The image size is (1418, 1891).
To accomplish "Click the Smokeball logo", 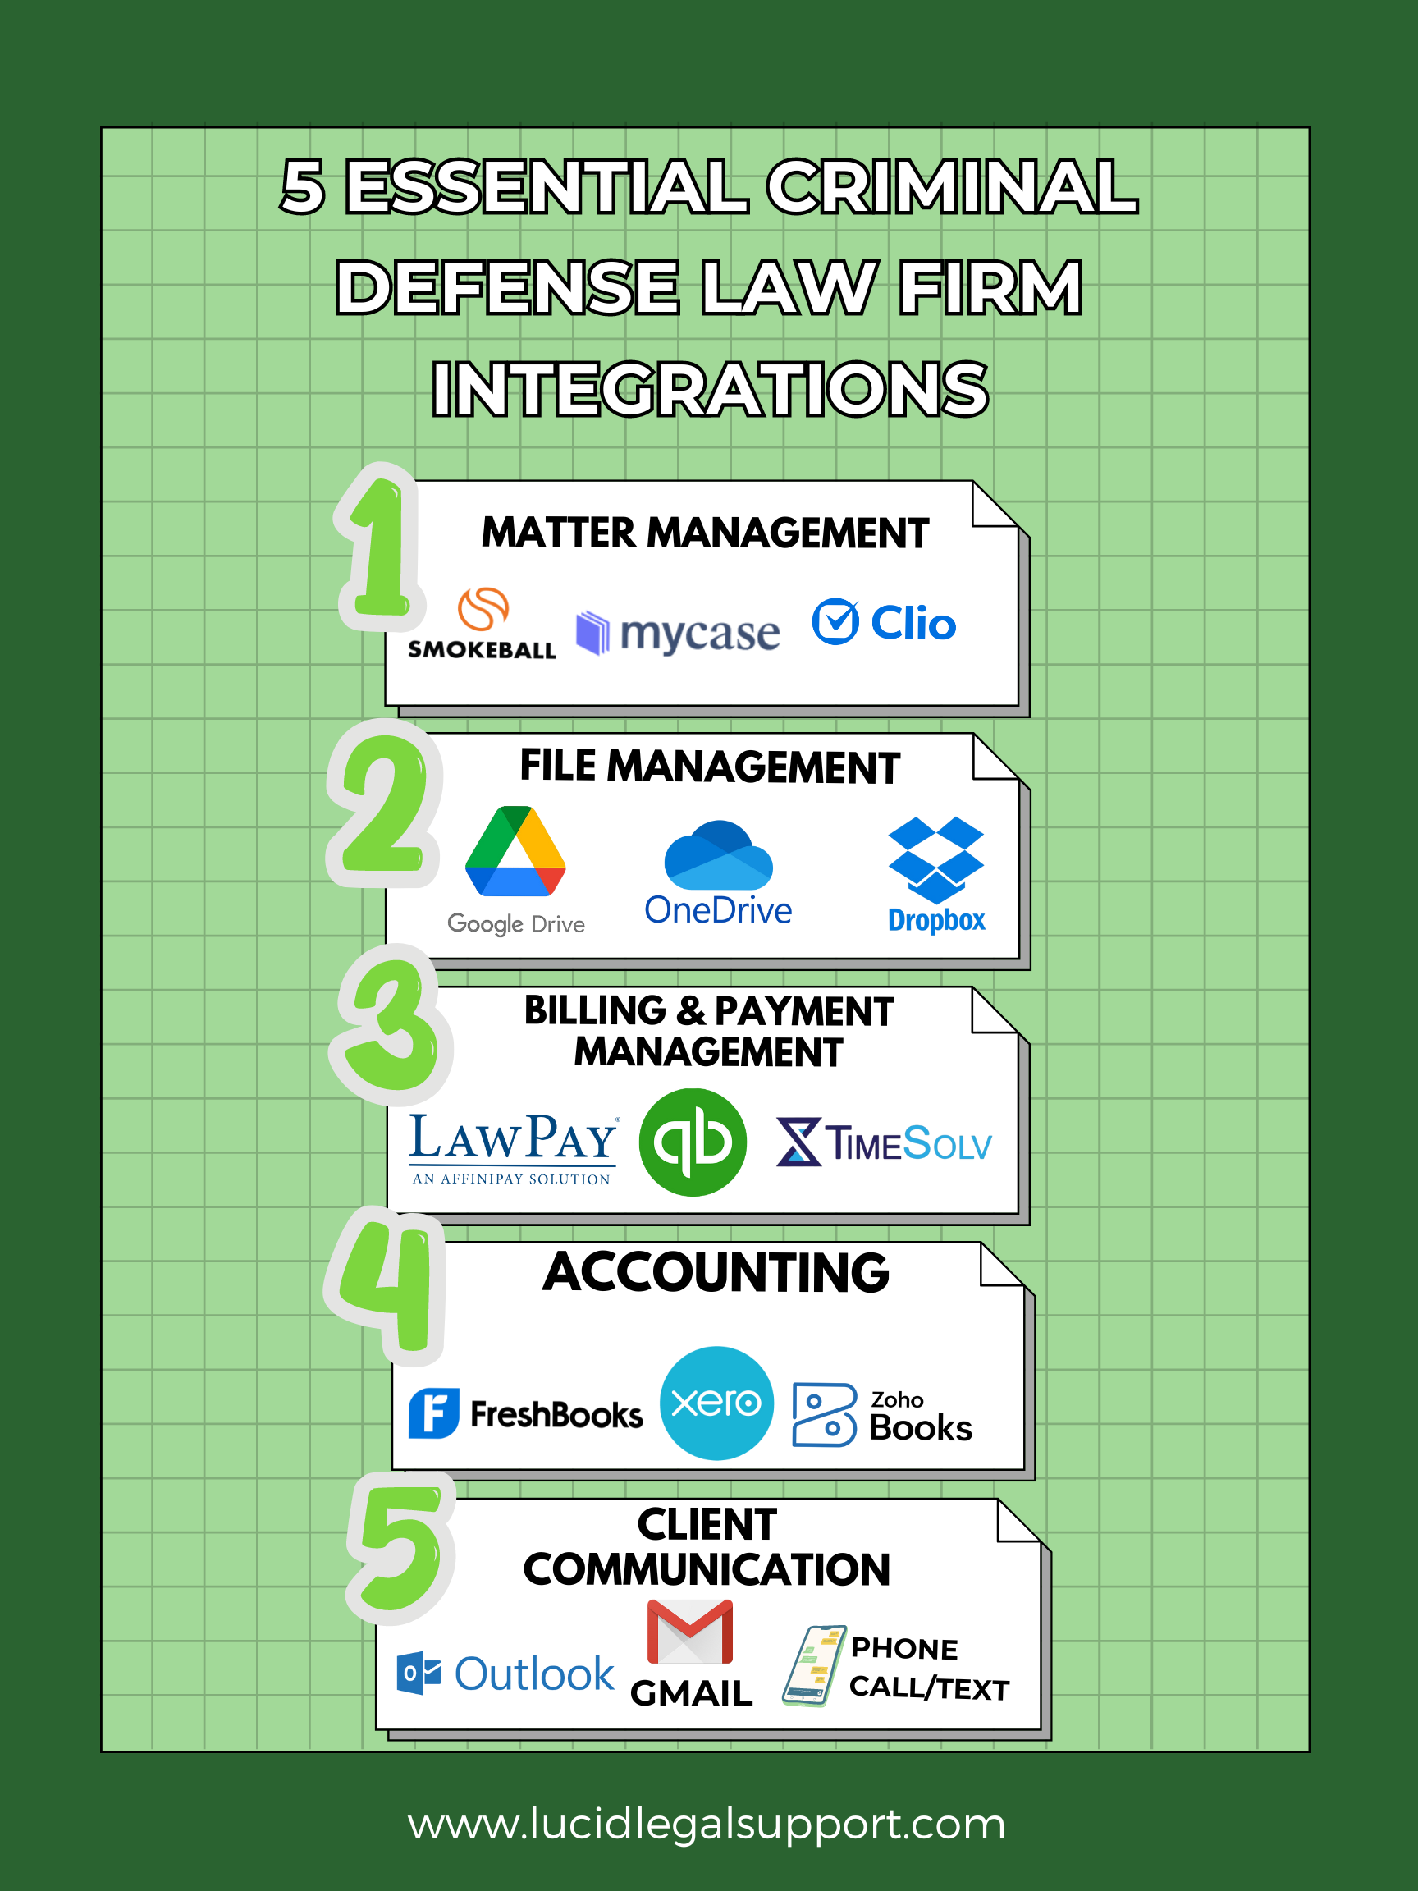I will (x=482, y=624).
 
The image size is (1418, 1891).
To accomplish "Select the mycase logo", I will (x=679, y=634).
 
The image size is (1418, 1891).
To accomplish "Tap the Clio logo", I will (x=884, y=622).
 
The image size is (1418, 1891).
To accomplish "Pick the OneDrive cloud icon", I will (x=718, y=855).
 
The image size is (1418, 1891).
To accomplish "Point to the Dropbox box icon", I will (x=936, y=859).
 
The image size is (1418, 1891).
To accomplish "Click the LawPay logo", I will (x=513, y=1147).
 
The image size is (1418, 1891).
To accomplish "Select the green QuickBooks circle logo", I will (x=693, y=1142).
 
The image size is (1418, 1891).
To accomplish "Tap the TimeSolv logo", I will (x=884, y=1143).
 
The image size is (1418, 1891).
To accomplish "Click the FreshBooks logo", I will (x=525, y=1414).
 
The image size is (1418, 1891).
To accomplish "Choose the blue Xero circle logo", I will (x=716, y=1403).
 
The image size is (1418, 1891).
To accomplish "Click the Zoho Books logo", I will (x=882, y=1416).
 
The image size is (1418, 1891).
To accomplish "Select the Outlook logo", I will (x=505, y=1673).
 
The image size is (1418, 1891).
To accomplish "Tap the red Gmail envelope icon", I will (x=690, y=1632).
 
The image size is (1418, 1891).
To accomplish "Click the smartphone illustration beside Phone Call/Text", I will (x=814, y=1665).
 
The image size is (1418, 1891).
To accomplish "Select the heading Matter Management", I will (x=704, y=533).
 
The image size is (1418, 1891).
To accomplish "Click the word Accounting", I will (x=716, y=1273).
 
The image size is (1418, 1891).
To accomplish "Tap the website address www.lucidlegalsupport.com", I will (x=707, y=1824).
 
